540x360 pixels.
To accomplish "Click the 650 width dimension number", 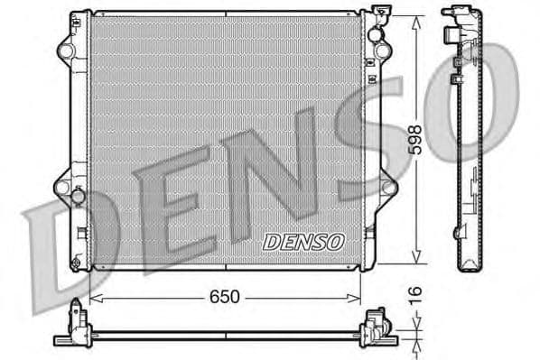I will [225, 296].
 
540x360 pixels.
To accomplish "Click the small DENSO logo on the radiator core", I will [303, 242].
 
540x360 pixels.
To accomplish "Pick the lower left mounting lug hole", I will [63, 188].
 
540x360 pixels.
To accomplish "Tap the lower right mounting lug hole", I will [388, 188].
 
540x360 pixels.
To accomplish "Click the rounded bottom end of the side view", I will [470, 264].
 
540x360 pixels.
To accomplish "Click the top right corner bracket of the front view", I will [380, 17].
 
